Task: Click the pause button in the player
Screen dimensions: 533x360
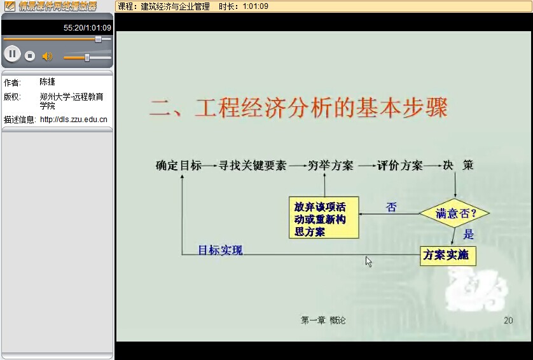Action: tap(12, 54)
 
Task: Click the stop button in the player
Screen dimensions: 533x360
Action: tap(30, 56)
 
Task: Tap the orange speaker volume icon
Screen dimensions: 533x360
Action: tap(47, 56)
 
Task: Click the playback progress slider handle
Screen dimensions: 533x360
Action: tap(98, 39)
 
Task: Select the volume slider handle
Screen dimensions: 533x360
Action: tap(87, 57)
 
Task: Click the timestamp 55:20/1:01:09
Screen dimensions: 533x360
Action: tap(87, 28)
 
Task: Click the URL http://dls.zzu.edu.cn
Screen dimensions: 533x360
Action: tap(73, 120)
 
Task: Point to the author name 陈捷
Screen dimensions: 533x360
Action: tap(47, 82)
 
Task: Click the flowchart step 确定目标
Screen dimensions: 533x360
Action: tap(179, 165)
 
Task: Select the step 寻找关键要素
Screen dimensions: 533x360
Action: tap(253, 165)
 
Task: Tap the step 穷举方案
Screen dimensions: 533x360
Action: tap(330, 165)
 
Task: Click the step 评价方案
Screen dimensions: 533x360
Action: tap(399, 165)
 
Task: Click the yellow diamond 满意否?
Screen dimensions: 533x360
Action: tap(455, 213)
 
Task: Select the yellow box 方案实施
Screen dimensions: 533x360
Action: tap(448, 256)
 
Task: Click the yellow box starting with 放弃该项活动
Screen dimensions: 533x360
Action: tap(324, 218)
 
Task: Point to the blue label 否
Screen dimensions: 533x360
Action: tap(391, 207)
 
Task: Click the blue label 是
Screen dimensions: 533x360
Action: tap(468, 234)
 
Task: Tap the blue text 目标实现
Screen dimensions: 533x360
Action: tap(220, 250)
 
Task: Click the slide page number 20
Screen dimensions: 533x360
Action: tap(508, 320)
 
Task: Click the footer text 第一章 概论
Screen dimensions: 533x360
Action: tap(323, 320)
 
